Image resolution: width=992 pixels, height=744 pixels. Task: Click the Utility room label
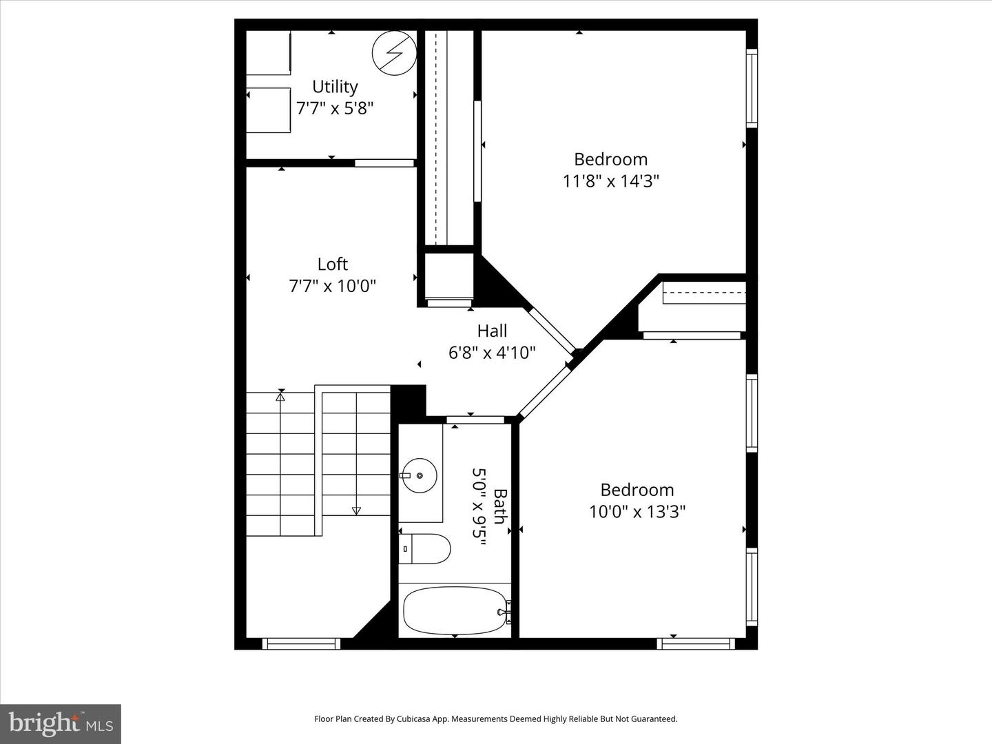tap(335, 87)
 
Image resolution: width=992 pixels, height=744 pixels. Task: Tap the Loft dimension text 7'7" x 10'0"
tap(333, 286)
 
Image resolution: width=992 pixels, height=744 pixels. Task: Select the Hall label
tap(492, 331)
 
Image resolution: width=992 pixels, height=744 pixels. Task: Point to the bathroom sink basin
tap(420, 475)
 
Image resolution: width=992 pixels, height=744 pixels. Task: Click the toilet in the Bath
tap(425, 549)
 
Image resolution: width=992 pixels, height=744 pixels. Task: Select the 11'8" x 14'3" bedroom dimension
tap(611, 181)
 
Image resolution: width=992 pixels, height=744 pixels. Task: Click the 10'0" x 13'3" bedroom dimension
tap(637, 512)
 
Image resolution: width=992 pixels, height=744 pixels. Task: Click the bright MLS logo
tap(61, 723)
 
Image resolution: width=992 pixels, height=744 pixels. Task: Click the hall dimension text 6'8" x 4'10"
tap(492, 353)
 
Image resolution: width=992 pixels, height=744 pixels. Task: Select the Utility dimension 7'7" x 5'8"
tap(335, 109)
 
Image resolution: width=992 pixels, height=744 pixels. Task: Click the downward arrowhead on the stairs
tap(356, 510)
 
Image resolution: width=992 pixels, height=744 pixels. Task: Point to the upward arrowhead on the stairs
tap(280, 396)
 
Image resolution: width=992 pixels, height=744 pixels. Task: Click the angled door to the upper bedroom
tap(552, 330)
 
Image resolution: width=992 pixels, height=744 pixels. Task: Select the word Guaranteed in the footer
tap(654, 719)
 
